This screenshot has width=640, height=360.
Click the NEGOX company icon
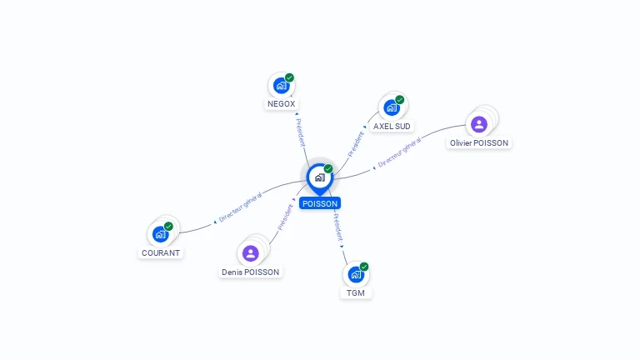(281, 85)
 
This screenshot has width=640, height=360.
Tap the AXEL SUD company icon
(391, 107)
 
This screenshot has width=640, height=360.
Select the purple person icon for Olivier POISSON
(479, 124)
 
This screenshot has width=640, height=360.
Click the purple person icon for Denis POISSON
(251, 253)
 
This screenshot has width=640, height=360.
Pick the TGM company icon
(356, 274)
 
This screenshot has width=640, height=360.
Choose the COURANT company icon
(161, 234)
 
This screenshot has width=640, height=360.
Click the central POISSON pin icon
(319, 177)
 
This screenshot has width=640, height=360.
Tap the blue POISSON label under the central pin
(320, 203)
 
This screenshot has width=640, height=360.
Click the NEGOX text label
(281, 104)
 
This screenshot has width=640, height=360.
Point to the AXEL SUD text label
(392, 127)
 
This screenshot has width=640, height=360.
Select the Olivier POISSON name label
(479, 143)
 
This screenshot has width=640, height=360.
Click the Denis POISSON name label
(251, 272)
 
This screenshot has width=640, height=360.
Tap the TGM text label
(356, 293)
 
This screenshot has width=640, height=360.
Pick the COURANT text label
(161, 253)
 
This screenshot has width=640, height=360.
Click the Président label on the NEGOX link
(300, 132)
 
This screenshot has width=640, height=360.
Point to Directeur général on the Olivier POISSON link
(399, 155)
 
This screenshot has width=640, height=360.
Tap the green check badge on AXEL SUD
(399, 100)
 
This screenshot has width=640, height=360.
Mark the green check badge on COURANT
(168, 227)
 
